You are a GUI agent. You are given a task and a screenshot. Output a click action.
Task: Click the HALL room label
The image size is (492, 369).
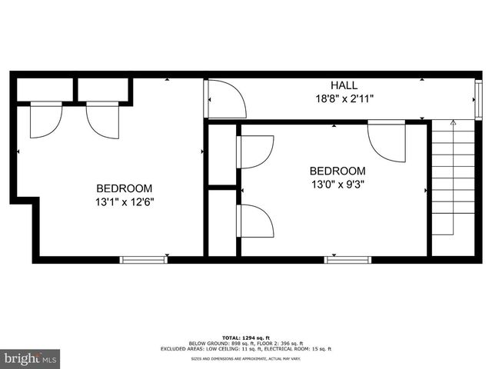click(344, 85)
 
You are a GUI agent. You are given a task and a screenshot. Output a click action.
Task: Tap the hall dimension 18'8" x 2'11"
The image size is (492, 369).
click(344, 98)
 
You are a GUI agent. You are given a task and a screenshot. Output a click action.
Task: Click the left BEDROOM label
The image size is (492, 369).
click(124, 188)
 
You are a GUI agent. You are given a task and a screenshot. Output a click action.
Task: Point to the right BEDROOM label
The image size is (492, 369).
click(337, 171)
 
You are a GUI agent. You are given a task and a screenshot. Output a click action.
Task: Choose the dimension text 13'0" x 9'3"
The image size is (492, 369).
click(337, 184)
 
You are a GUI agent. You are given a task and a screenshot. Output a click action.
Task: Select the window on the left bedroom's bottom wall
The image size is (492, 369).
click(144, 260)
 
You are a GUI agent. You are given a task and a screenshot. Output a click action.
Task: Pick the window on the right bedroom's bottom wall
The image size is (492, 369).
click(348, 260)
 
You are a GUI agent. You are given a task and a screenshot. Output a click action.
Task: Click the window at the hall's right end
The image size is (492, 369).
click(474, 98)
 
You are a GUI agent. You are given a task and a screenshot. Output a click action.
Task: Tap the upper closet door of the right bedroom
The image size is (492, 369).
click(256, 151)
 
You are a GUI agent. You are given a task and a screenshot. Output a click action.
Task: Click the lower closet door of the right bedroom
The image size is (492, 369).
click(256, 221)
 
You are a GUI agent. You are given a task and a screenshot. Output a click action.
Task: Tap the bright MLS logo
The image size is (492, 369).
click(31, 358)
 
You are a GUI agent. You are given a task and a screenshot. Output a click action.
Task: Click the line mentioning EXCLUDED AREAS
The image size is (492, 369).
click(246, 349)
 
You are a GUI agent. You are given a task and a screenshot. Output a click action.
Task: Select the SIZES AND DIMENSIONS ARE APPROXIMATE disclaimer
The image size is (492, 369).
click(246, 359)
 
